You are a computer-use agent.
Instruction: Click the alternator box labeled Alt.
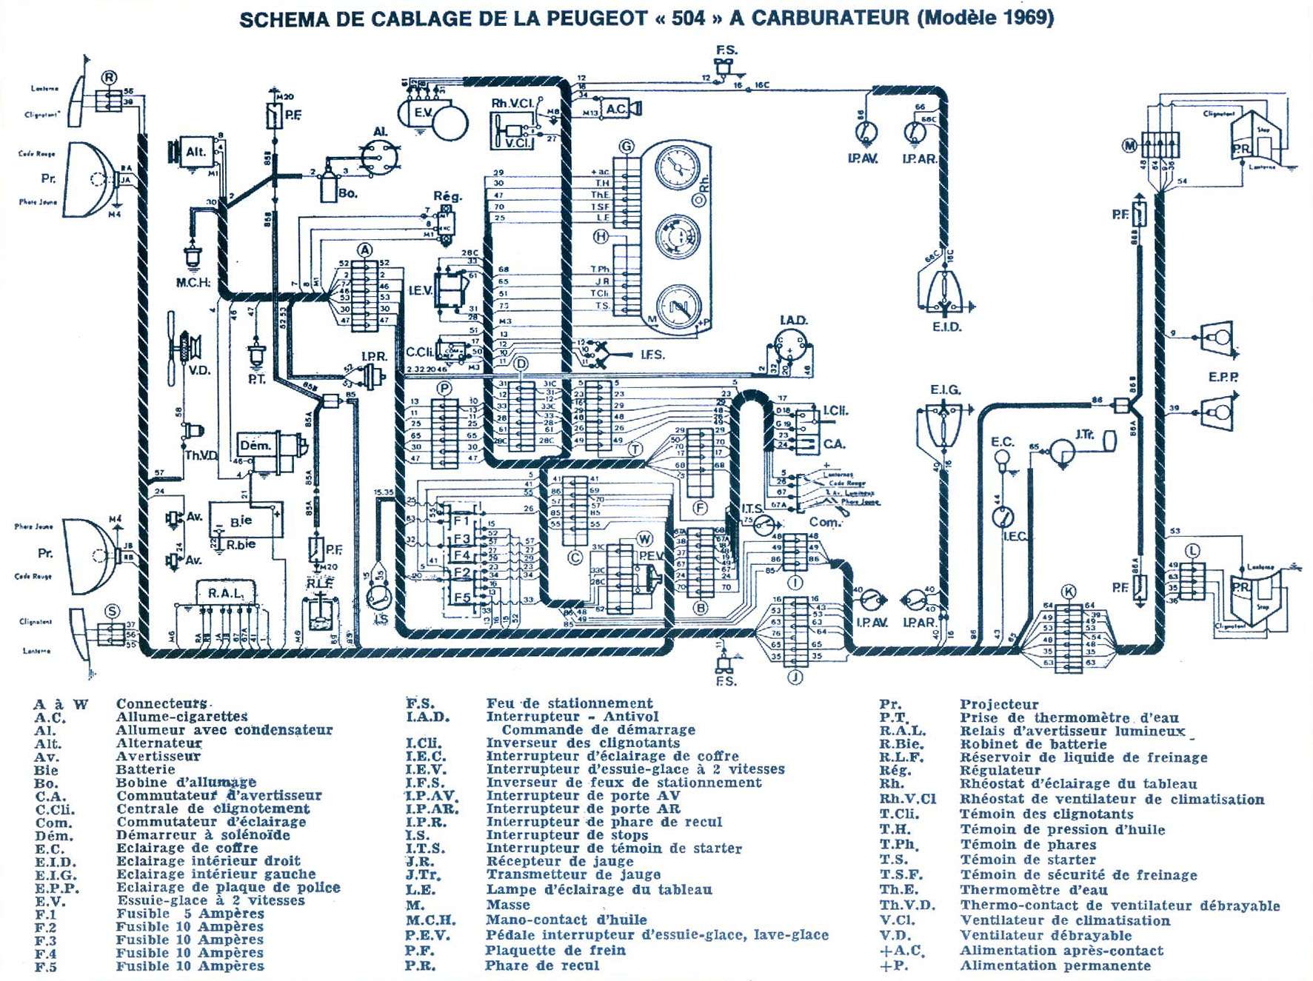coord(196,152)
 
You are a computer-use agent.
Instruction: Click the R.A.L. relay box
coord(224,593)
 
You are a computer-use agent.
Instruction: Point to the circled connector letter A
coord(364,250)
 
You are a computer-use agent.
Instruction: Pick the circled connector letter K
coord(1068,592)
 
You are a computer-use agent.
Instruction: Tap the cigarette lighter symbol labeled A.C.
coord(616,109)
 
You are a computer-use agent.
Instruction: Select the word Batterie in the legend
coord(145,770)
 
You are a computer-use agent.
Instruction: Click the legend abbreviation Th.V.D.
coord(906,905)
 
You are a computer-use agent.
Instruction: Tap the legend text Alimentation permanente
coord(1055,966)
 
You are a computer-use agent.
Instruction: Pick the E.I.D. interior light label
coord(946,327)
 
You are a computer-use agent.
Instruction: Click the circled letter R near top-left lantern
coord(109,77)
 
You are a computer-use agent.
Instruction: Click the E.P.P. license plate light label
coord(1223,376)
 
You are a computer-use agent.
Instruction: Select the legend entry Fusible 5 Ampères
coord(190,914)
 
